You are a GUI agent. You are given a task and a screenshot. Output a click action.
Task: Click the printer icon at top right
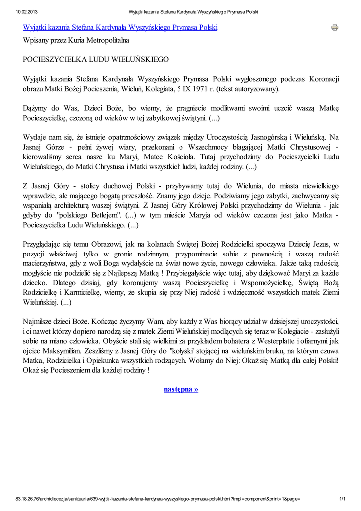click(x=334, y=27)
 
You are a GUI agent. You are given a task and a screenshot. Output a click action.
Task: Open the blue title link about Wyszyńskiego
click(x=121, y=27)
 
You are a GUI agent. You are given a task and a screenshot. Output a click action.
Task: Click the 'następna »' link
click(x=181, y=389)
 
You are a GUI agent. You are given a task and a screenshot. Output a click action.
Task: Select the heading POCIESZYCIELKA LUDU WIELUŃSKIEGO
click(x=96, y=59)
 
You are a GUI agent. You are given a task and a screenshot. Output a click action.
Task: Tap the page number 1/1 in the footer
click(x=342, y=499)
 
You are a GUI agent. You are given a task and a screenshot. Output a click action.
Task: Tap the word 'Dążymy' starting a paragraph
click(x=36, y=108)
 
